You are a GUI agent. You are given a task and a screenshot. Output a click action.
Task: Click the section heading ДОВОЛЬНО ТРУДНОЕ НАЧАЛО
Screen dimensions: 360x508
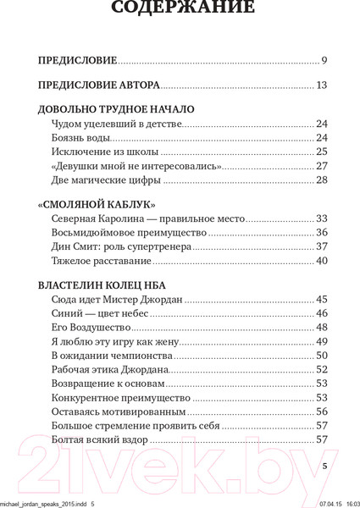pos(117,109)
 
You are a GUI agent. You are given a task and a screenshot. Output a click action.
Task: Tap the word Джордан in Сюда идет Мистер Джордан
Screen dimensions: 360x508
pos(156,299)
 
